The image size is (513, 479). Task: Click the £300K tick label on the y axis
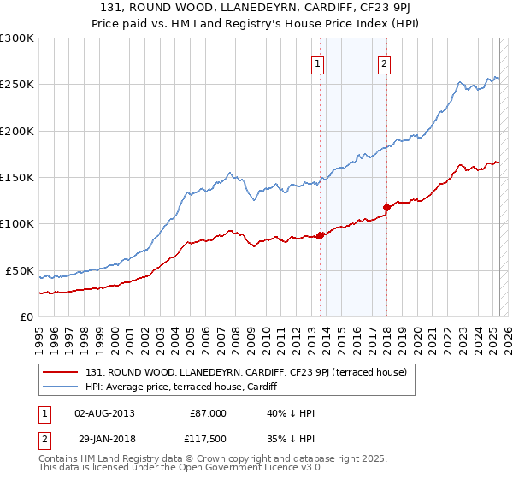pos(16,38)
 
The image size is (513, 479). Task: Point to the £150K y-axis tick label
pos(16,178)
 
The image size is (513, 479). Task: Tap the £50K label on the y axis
pos(19,270)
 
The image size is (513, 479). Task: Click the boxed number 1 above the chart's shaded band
pos(318,63)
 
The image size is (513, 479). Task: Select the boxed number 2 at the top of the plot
pos(385,63)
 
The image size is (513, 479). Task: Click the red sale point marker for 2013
pos(321,235)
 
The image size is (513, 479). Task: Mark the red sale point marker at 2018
pos(386,206)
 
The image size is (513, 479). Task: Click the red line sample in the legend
pos(61,372)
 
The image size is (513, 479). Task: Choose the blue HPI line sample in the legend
pos(61,386)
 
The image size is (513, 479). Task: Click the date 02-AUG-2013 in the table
pos(104,413)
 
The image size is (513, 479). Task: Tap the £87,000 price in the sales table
pos(208,413)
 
